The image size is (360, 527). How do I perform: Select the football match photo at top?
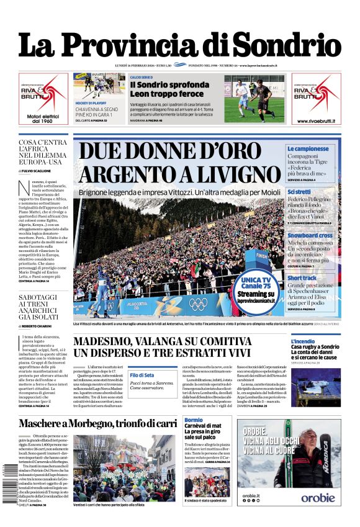pos(253,97)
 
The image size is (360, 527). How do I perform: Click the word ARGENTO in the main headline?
pos(130,174)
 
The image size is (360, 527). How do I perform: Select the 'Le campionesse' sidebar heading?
pos(308,149)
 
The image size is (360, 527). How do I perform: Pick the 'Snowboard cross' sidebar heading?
pos(310,235)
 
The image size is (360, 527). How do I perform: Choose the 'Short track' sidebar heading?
pos(302,278)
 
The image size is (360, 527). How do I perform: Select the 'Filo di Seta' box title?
pos(142,374)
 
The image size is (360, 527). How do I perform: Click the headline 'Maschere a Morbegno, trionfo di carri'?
pos(97,423)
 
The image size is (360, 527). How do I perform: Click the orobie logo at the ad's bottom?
pos(318,498)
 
